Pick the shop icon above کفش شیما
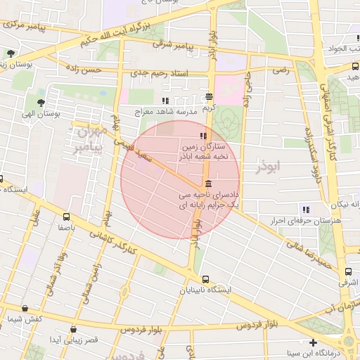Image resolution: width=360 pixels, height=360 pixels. coord(25,308)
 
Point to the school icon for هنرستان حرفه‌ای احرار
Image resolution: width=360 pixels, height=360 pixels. coord(305,210)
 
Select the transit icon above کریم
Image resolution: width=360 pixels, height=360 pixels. coord(209,98)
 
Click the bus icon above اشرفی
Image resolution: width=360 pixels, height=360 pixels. coord(347,271)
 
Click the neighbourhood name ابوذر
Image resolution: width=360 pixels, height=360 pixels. coord(269,167)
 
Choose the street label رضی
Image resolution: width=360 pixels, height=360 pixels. coord(282,70)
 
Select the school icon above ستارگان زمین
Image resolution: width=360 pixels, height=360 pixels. coord(203,136)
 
